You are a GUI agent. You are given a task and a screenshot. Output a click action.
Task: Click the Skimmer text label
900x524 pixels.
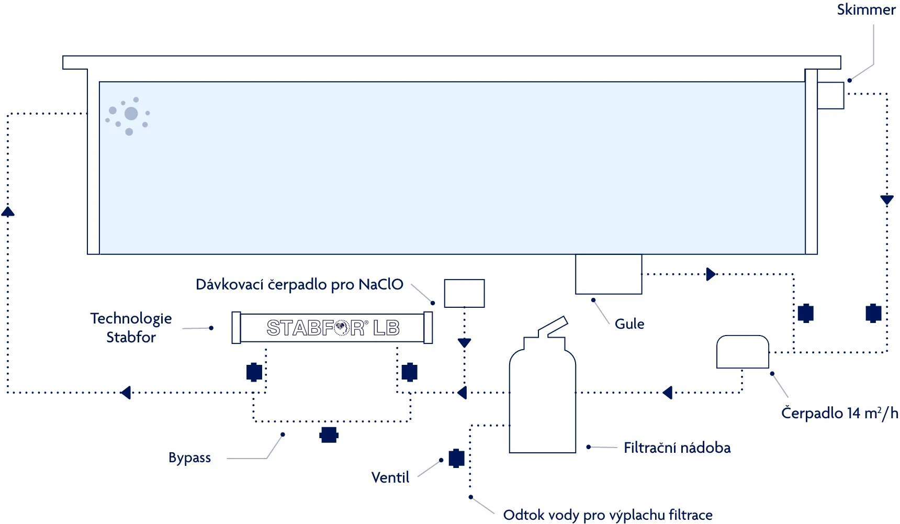click(866, 10)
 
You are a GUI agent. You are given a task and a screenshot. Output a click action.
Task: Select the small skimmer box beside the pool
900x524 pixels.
click(830, 95)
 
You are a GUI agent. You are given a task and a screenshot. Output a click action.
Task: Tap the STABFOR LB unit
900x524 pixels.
click(332, 328)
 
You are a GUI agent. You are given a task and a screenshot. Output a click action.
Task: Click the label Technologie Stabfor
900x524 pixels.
click(131, 328)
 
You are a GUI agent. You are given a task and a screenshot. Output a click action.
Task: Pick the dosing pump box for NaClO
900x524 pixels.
click(464, 293)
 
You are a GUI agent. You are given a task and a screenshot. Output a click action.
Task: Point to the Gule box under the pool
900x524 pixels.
click(609, 274)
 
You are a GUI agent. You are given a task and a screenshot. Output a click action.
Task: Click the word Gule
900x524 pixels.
click(629, 324)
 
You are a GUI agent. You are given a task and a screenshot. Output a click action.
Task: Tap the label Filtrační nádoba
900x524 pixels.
click(677, 448)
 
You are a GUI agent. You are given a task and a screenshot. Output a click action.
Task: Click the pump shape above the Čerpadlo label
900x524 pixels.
click(743, 352)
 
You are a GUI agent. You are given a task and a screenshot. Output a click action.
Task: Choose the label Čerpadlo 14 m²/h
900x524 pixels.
click(839, 414)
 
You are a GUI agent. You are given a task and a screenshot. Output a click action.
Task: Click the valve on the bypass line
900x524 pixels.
click(329, 434)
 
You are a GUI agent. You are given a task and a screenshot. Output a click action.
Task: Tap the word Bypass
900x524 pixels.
click(189, 458)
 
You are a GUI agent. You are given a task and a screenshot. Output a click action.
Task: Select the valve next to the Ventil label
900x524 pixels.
click(456, 458)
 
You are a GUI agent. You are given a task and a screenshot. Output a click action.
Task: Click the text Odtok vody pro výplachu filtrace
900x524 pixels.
click(607, 515)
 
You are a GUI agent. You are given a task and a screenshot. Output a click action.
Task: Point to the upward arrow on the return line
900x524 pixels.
click(8, 211)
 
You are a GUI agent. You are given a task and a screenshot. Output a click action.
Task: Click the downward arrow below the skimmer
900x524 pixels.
click(887, 199)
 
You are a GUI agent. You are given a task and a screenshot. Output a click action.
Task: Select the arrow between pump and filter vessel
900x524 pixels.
click(667, 393)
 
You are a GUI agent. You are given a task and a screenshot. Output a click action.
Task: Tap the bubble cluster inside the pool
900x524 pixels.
click(128, 115)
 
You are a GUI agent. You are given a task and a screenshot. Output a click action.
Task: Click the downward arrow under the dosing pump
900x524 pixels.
click(464, 343)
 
